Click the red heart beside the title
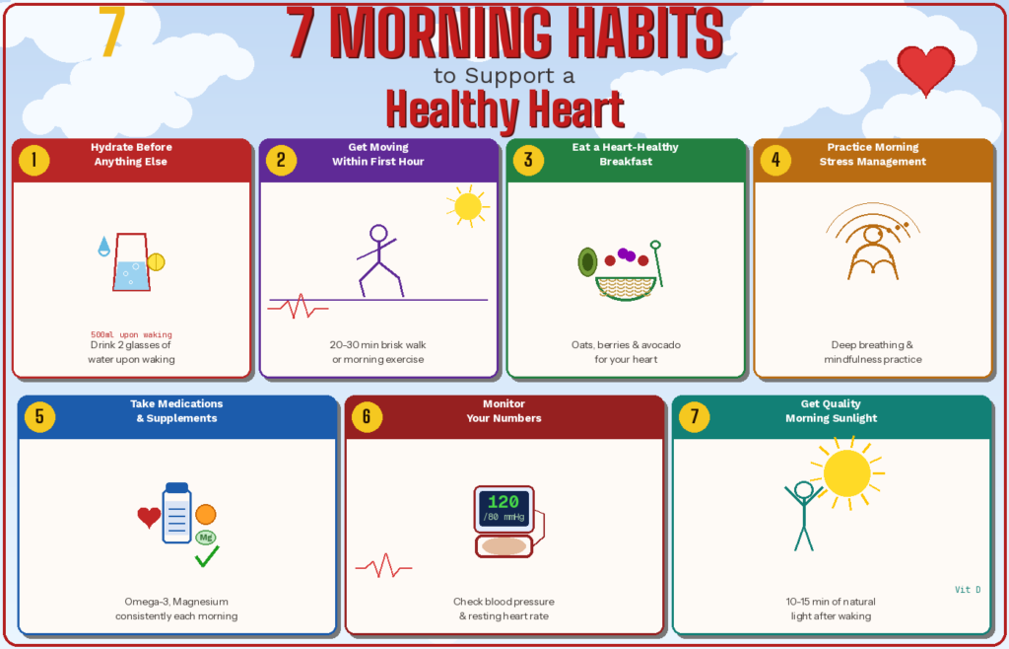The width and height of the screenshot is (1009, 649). (x=925, y=69)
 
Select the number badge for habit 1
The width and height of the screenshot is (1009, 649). (x=34, y=160)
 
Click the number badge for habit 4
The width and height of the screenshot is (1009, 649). (x=775, y=160)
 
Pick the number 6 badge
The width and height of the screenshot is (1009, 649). (x=367, y=416)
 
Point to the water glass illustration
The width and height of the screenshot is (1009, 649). (x=131, y=262)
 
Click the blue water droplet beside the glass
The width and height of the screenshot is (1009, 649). (x=103, y=246)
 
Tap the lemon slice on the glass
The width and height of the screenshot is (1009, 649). (x=156, y=262)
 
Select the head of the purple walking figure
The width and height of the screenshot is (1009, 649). (x=378, y=233)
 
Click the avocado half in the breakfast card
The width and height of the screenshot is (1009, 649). (x=587, y=262)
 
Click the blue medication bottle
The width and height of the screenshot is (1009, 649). (x=177, y=513)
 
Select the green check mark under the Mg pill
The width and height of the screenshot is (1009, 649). (x=207, y=556)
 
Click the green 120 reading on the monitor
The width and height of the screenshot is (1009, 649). (x=504, y=502)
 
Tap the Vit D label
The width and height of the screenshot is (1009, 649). (x=968, y=589)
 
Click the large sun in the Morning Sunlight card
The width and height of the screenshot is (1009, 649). (x=846, y=473)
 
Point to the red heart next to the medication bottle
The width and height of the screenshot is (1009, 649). (x=149, y=517)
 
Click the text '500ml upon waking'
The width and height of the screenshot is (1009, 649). (x=131, y=334)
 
